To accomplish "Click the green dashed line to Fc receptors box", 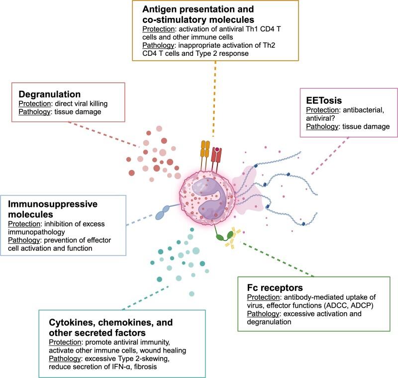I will [279, 259].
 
